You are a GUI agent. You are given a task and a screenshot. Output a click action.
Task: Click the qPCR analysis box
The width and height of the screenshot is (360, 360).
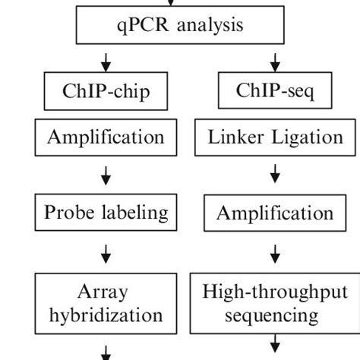click(180, 26)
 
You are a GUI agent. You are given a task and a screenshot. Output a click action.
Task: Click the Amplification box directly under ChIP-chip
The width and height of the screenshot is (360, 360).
click(106, 138)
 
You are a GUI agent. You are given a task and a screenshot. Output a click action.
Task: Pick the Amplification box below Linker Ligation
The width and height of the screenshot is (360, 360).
click(274, 213)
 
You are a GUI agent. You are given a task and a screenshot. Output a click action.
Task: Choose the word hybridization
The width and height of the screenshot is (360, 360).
click(106, 314)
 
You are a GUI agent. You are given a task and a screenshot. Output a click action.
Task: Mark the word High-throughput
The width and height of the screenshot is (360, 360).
click(274, 291)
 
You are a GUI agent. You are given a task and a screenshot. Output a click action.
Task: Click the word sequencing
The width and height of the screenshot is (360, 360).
click(274, 314)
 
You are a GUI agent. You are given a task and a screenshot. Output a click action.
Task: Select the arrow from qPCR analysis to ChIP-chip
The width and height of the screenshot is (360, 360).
click(106, 60)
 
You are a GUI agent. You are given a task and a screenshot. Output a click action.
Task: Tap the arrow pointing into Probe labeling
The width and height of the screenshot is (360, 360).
click(106, 175)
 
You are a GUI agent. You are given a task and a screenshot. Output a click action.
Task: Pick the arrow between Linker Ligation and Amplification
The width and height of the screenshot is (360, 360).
click(275, 175)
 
